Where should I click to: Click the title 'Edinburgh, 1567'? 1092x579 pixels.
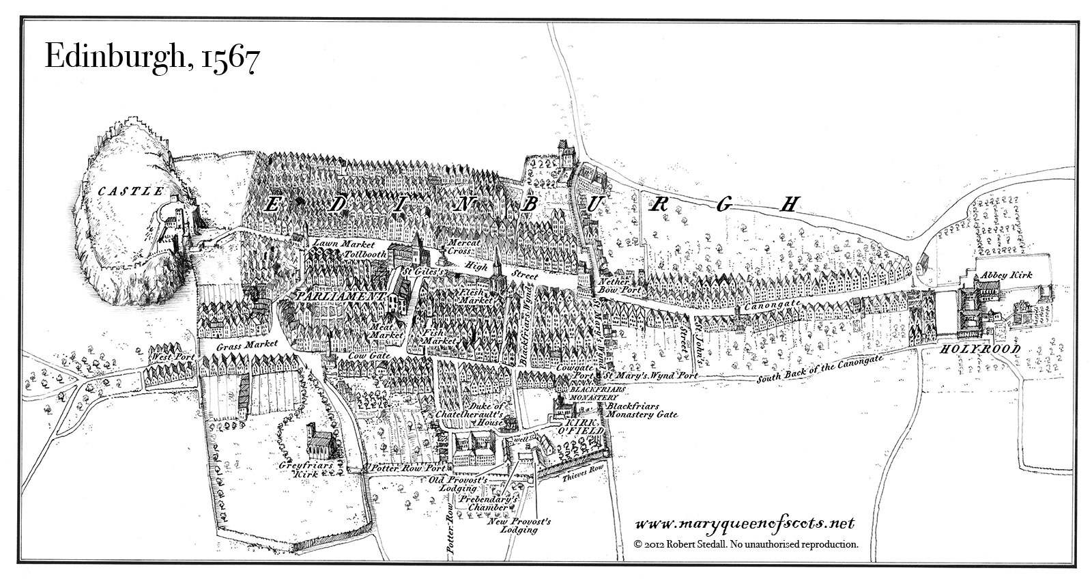pos(150,57)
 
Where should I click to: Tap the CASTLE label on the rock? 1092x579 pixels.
pos(132,191)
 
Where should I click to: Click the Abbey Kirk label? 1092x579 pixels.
pos(1007,274)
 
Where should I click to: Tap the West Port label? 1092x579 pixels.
pos(174,357)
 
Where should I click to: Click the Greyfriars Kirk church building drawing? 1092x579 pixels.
pos(318,442)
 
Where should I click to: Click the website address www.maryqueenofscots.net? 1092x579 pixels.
pos(745,524)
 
